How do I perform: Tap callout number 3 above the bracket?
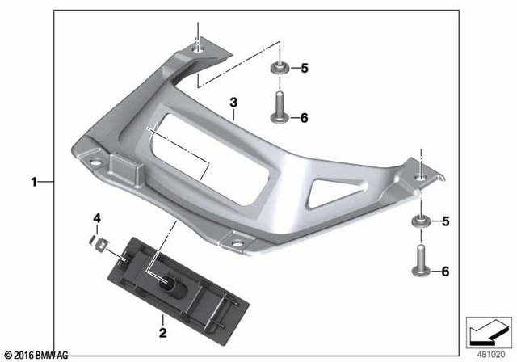233,103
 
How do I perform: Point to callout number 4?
96,219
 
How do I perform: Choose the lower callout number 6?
444,271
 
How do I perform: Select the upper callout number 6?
305,118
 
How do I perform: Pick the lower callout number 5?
444,220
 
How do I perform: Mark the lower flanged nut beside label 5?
421,221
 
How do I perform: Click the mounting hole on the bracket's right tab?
421,176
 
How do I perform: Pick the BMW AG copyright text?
36,355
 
